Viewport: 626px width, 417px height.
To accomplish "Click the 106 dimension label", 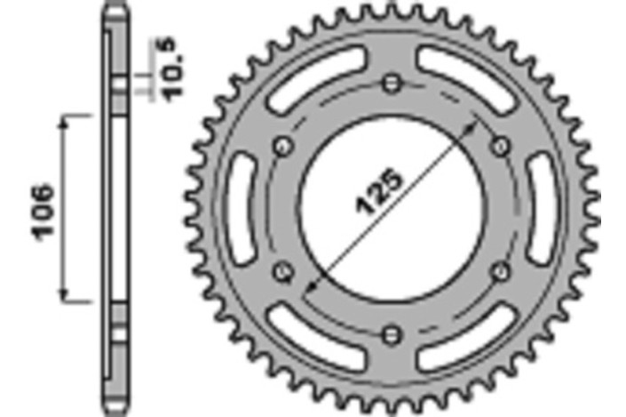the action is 43,213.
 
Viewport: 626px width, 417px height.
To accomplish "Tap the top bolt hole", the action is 392,84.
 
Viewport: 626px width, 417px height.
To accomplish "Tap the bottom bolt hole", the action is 392,334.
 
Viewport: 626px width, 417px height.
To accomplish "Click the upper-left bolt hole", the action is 283,147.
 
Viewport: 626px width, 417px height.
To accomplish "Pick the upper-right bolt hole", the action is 500,147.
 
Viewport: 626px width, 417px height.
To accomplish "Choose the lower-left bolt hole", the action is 283,272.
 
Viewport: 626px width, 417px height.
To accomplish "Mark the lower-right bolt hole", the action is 500,272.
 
